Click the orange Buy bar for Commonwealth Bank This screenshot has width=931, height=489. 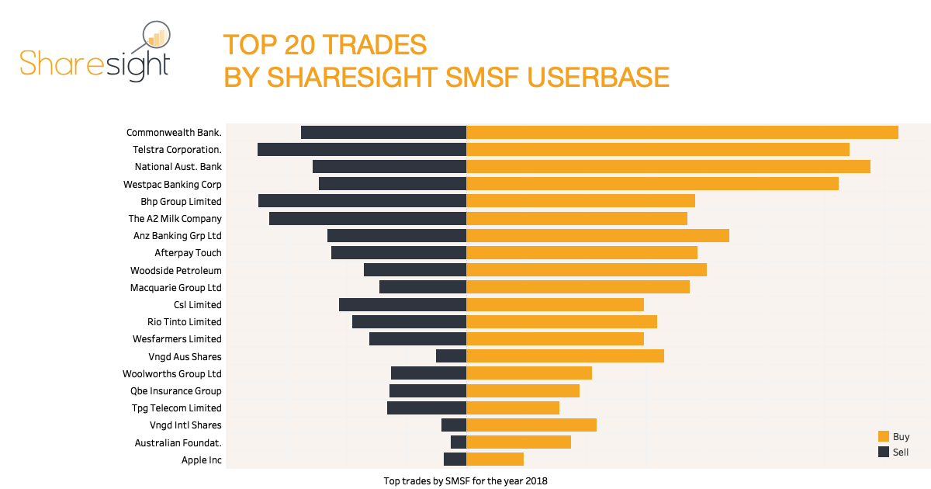coord(682,132)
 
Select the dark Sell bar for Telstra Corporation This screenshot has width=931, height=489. coord(362,149)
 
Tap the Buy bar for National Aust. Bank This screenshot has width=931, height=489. coord(668,167)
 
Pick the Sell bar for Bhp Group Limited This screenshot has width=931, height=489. coord(362,201)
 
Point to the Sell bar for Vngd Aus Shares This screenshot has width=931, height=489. coord(451,356)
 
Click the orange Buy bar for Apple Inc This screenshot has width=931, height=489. coord(495,460)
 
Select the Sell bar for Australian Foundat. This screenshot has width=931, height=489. coord(459,442)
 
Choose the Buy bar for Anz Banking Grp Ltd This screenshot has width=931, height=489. coord(597,235)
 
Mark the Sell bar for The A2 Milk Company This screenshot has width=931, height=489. coord(368,218)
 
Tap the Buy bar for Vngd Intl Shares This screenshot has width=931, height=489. coord(531,425)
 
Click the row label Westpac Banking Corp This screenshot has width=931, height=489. coord(172,185)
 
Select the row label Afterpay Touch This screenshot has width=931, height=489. coord(188,253)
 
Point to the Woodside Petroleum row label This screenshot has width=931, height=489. coord(176,271)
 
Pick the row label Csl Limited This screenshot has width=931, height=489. coord(197,305)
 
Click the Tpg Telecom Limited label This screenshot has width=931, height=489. coord(177,408)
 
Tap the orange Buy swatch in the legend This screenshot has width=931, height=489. coord(884,437)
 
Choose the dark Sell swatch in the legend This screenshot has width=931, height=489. coord(884,452)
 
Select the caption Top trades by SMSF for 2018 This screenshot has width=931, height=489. coord(465,481)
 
